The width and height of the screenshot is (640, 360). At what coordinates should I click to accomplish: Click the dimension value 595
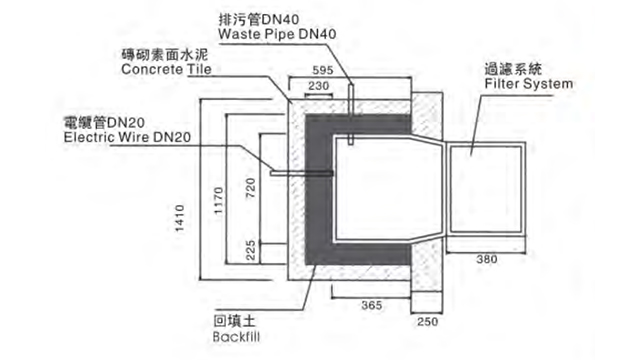[x=321, y=71]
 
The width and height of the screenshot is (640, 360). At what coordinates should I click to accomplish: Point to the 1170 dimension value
[x=217, y=202]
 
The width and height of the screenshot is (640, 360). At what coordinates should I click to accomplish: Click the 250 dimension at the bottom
[x=427, y=322]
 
